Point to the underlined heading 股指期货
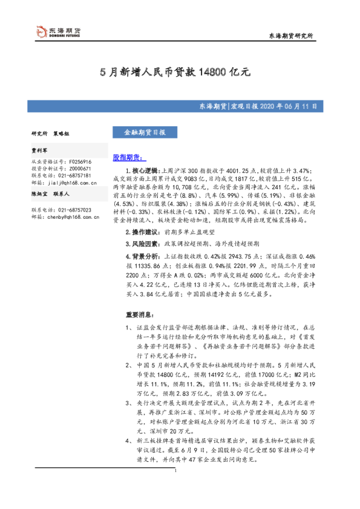[126, 157]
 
